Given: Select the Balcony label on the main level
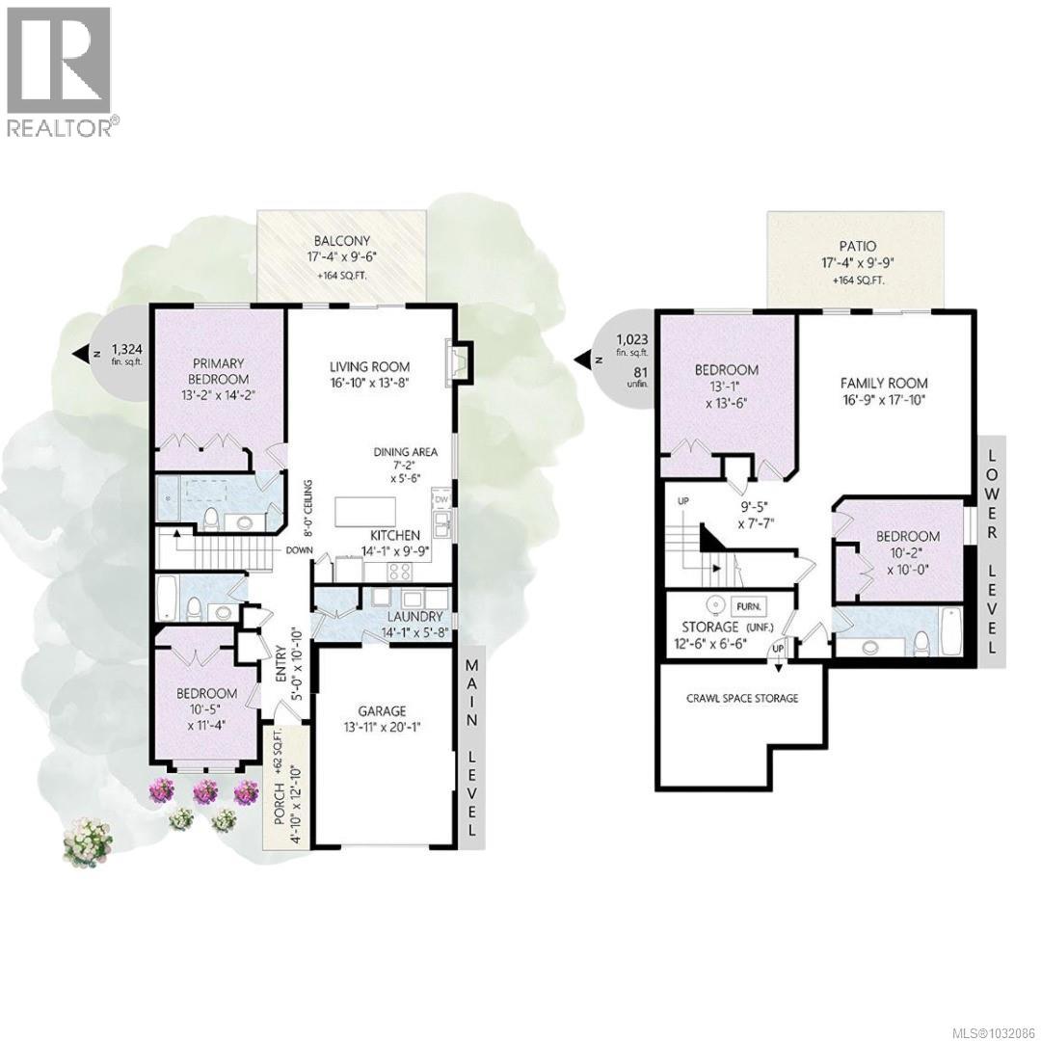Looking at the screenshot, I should pyautogui.click(x=341, y=241).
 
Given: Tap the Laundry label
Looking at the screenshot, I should pyautogui.click(x=415, y=617).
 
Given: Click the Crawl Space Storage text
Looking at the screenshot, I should pyautogui.click(x=742, y=698).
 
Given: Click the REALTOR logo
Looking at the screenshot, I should pyautogui.click(x=59, y=72).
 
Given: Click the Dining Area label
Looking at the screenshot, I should pyautogui.click(x=407, y=452).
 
